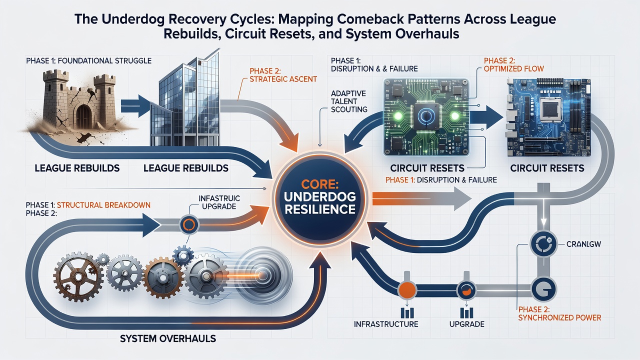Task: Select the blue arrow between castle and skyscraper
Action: (135, 106)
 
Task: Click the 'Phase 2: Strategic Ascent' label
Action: (283, 75)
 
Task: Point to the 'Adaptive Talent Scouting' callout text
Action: (349, 101)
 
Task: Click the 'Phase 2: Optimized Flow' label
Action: (513, 64)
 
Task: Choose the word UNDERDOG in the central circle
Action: (320, 196)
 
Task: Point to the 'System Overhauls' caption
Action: (168, 339)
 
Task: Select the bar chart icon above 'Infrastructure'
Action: (407, 313)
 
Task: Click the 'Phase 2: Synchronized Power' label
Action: (559, 313)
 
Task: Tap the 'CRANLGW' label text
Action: (584, 244)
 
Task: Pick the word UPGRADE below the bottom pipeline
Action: (467, 324)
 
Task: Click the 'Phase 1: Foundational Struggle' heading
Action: (88, 60)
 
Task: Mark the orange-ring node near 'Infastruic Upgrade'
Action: (189, 224)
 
